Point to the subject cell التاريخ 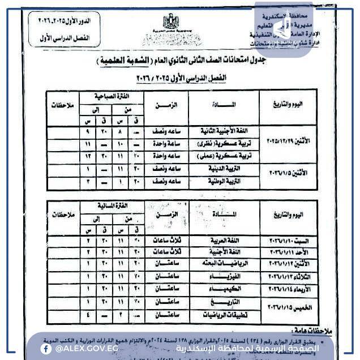(218, 302)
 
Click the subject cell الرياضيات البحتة (218, 264)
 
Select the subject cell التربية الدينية (218, 169)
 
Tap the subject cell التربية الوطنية (218, 182)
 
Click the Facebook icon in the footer (45, 349)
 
